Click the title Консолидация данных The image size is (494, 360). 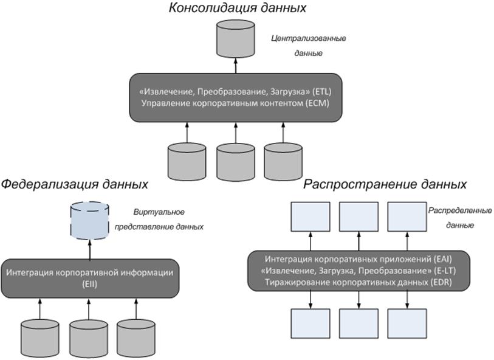tap(236, 9)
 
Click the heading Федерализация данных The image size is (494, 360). tap(74, 183)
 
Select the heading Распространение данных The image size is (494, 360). tap(385, 183)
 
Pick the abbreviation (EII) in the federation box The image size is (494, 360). tap(89, 283)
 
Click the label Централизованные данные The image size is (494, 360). tap(308, 46)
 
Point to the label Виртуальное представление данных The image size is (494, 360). tap(168, 219)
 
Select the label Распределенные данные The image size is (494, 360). tap(450, 217)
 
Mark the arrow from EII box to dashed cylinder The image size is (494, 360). tap(89, 248)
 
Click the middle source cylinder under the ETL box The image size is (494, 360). tap(236, 159)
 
